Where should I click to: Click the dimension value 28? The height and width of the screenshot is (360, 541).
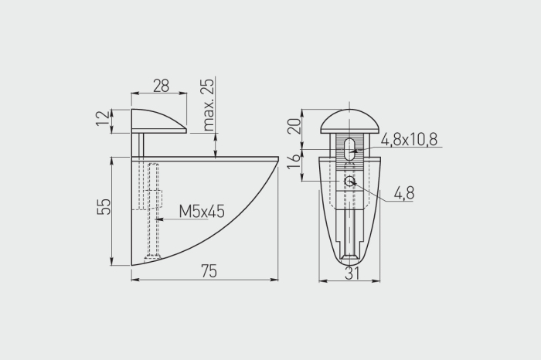click(x=161, y=86)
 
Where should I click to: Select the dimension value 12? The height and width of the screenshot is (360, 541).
click(x=103, y=118)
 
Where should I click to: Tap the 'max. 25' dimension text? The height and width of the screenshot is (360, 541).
click(x=209, y=104)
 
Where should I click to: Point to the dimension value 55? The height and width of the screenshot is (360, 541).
click(x=104, y=206)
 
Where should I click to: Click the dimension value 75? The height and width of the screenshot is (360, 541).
click(x=209, y=271)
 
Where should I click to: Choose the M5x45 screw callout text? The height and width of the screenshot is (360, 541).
click(x=202, y=211)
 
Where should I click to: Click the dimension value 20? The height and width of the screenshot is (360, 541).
click(x=294, y=126)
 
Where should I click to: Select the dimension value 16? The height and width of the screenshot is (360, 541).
click(x=294, y=161)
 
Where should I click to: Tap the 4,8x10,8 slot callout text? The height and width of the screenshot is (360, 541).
click(x=409, y=139)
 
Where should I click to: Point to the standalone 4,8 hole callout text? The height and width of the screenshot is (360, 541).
click(x=404, y=193)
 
